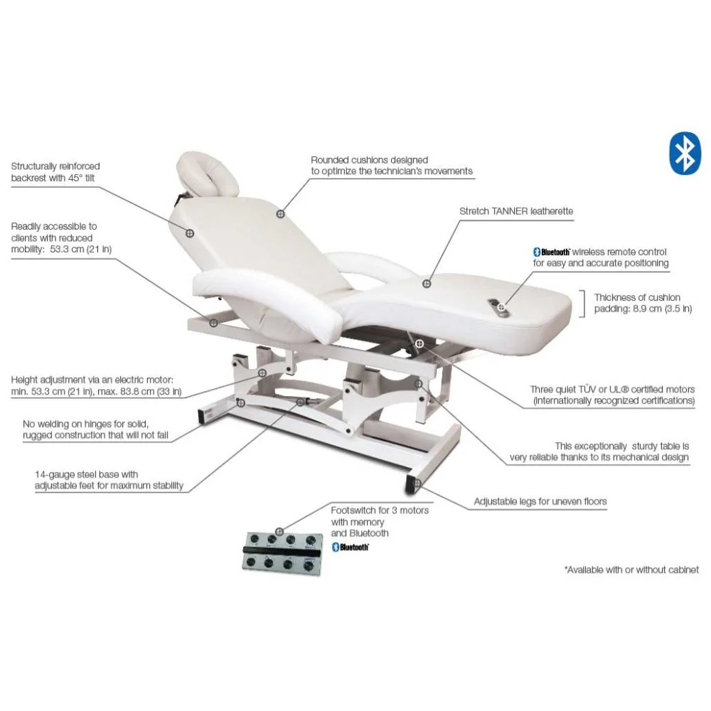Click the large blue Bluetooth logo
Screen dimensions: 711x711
coord(685,154)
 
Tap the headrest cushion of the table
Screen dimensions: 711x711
coord(208,175)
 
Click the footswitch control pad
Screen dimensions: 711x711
coord(282,553)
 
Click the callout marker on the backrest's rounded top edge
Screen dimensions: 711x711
coord(281,213)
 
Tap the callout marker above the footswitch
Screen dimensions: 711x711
coord(279,531)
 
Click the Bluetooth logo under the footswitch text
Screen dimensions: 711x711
coord(350,547)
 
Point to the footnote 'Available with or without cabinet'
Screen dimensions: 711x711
coord(631,570)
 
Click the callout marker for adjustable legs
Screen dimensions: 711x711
coord(417,483)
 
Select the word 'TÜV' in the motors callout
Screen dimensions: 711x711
coord(587,390)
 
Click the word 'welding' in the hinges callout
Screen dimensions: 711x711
coord(55,424)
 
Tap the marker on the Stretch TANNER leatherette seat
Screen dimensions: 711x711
coord(427,284)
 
